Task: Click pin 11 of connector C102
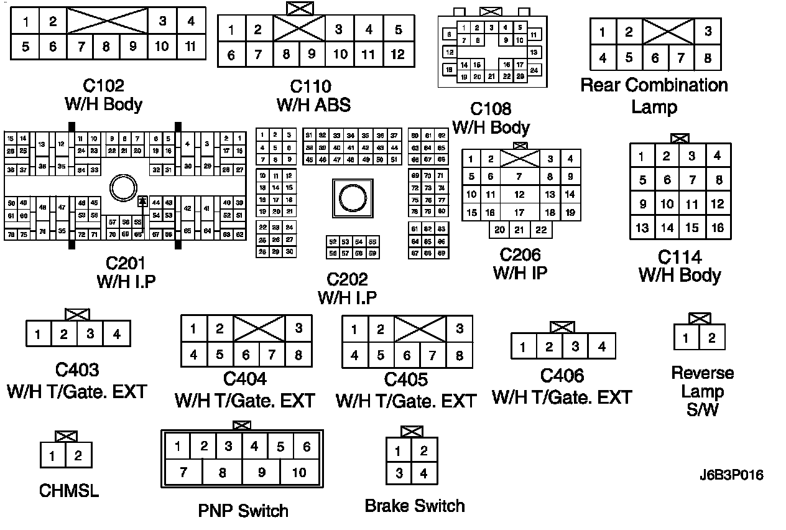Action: pyautogui.click(x=191, y=46)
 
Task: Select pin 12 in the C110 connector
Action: pyautogui.click(x=397, y=54)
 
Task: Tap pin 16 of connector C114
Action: pyautogui.click(x=718, y=228)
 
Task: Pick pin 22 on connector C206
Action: pyautogui.click(x=542, y=230)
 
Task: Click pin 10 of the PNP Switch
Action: pyautogui.click(x=299, y=472)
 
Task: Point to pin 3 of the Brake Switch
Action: pyautogui.click(x=399, y=473)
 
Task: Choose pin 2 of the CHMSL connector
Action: pyautogui.click(x=78, y=456)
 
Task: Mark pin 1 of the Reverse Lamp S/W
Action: pyautogui.click(x=686, y=338)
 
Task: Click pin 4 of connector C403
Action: pyautogui.click(x=116, y=335)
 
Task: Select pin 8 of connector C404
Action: pyautogui.click(x=298, y=355)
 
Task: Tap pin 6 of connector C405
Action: pyautogui.click(x=406, y=356)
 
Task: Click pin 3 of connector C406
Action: pyautogui.click(x=576, y=346)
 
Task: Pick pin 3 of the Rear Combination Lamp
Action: pyautogui.click(x=708, y=32)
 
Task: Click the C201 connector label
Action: pyautogui.click(x=125, y=263)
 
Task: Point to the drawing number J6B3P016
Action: pyautogui.click(x=731, y=476)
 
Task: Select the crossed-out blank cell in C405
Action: pyautogui.click(x=420, y=328)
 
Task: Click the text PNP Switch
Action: pyautogui.click(x=243, y=511)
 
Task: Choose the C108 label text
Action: pyautogui.click(x=491, y=109)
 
